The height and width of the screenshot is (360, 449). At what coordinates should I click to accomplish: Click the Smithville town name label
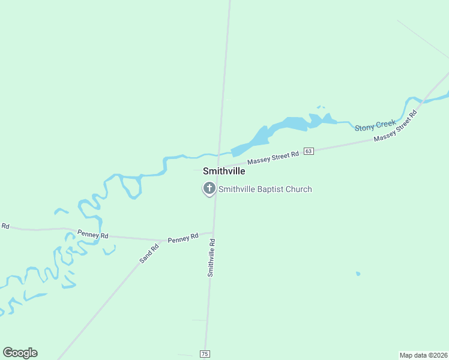point(224,171)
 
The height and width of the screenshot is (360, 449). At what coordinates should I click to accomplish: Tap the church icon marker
point(209,188)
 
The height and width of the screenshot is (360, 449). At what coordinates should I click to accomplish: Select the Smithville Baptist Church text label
point(265,189)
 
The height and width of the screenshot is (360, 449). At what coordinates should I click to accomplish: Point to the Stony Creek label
point(375,125)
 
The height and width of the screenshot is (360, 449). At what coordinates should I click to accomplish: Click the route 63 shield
point(309,151)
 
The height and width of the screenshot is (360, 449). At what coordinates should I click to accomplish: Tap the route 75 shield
point(205,354)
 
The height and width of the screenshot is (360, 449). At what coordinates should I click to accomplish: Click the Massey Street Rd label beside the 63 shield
point(273,158)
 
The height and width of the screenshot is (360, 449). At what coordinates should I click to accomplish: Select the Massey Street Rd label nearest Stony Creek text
point(395,127)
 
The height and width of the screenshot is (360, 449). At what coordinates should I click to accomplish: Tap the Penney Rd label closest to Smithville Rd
point(182,238)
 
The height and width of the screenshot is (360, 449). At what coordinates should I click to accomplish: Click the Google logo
point(20,353)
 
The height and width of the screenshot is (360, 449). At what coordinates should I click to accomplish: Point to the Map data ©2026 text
point(424,355)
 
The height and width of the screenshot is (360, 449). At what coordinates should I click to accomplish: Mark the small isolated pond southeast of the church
point(358,274)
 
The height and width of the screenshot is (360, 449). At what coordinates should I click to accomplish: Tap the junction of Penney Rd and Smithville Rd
point(213,233)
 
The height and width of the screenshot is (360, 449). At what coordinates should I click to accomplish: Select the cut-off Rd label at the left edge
point(4,226)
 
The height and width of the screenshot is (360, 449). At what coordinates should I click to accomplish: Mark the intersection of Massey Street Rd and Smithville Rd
point(217,167)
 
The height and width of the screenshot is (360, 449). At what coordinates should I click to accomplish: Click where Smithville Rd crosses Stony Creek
point(218,154)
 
